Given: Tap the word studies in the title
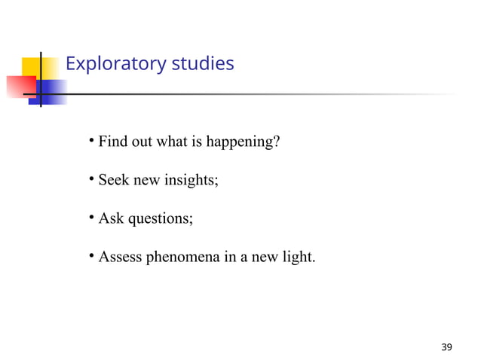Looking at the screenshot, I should (203, 64).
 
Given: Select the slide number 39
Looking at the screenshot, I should (447, 347).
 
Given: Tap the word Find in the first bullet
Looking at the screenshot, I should (112, 141).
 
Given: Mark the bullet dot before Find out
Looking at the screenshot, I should (89, 139).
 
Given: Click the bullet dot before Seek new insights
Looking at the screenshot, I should (89, 178).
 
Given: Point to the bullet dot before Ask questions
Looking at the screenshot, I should (89, 218).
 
